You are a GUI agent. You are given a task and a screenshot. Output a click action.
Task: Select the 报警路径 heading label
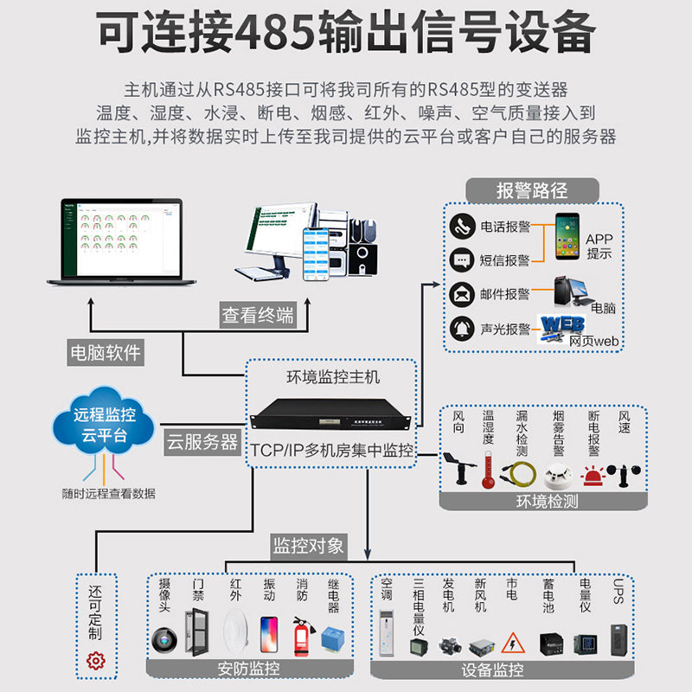pos(532,190)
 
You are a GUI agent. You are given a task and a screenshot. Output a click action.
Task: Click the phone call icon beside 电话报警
pos(463,227)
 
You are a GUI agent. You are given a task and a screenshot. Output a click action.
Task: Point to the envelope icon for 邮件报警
pos(463,294)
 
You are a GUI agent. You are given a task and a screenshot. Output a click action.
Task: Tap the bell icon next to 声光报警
pos(463,329)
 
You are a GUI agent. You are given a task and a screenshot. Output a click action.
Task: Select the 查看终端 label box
pos(257,316)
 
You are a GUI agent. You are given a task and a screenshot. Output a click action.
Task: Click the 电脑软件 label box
pos(105,353)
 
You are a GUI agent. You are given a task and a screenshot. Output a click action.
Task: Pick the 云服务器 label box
pos(202,442)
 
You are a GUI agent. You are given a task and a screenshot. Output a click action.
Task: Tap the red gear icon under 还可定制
pos(96,662)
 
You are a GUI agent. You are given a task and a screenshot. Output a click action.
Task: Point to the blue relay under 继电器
pos(335,638)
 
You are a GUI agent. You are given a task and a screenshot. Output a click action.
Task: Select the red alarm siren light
pos(593,475)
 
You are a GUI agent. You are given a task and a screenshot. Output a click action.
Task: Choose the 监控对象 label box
pos(308,545)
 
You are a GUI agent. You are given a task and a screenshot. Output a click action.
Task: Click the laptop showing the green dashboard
pos(114,242)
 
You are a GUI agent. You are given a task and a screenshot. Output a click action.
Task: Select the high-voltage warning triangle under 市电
pos(512,644)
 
